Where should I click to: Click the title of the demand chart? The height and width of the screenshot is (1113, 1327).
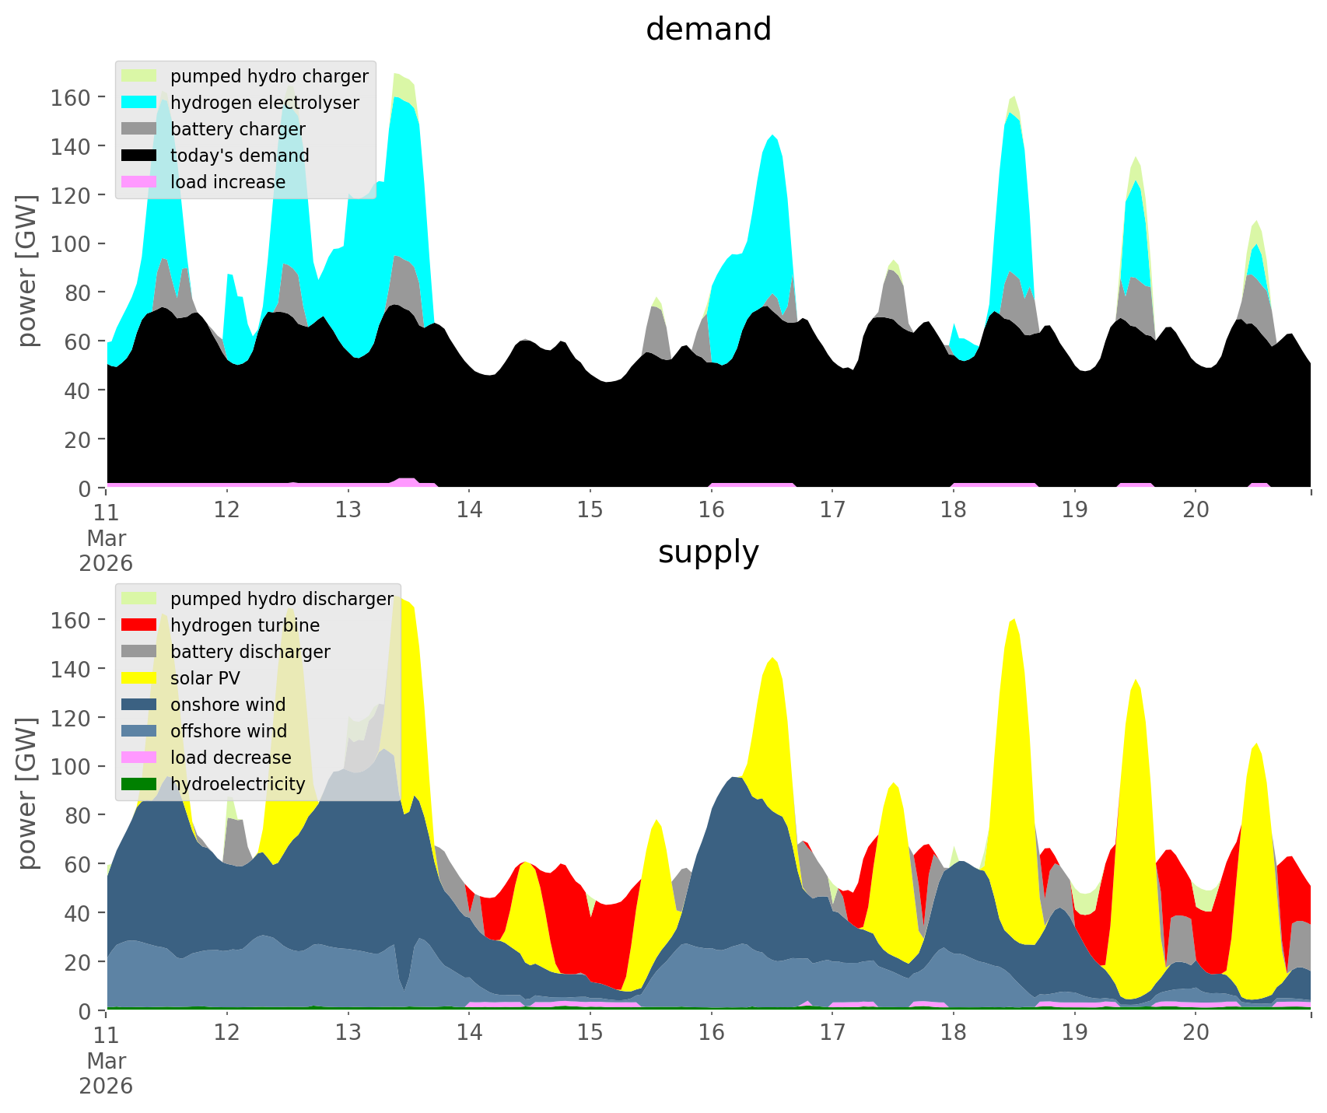(x=708, y=30)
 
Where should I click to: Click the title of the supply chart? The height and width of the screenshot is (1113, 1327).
(x=708, y=552)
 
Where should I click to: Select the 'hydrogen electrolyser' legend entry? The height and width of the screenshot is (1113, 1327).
(x=264, y=103)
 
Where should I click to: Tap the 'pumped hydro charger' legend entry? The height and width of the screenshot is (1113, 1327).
(x=269, y=76)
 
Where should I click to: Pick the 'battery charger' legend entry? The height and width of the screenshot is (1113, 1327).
(x=237, y=129)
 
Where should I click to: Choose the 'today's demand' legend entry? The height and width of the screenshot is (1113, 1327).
(x=240, y=156)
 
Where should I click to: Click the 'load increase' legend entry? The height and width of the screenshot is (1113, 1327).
(x=227, y=182)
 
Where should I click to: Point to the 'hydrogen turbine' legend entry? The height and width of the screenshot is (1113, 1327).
(x=244, y=625)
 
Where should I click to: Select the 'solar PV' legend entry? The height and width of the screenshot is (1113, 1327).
(x=205, y=678)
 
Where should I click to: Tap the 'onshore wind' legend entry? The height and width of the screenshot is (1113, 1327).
(x=227, y=705)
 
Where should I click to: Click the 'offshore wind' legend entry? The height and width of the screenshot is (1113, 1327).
(x=228, y=731)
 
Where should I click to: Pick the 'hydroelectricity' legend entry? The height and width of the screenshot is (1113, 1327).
(x=237, y=784)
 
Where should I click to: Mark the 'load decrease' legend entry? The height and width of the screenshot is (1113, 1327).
(x=230, y=758)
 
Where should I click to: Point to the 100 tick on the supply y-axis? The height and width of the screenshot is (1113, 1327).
(x=70, y=767)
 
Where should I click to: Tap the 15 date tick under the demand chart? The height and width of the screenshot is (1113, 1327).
(x=590, y=510)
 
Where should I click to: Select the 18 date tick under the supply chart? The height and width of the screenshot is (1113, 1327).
(x=953, y=1033)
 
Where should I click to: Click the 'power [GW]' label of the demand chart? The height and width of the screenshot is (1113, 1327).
(x=27, y=271)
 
